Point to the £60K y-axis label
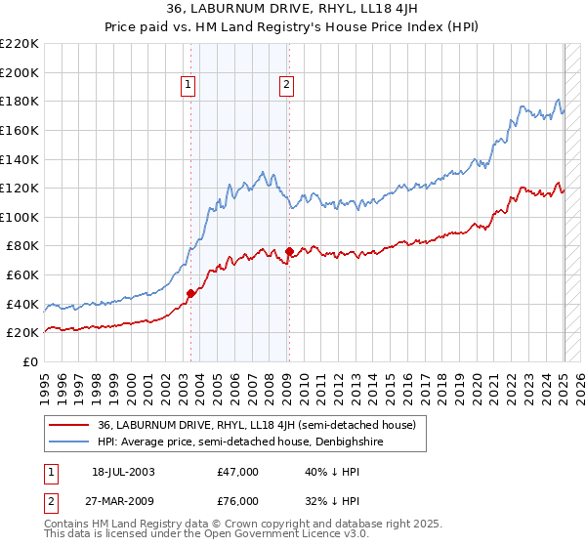22,275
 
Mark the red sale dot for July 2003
191,293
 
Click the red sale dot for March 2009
289,251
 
